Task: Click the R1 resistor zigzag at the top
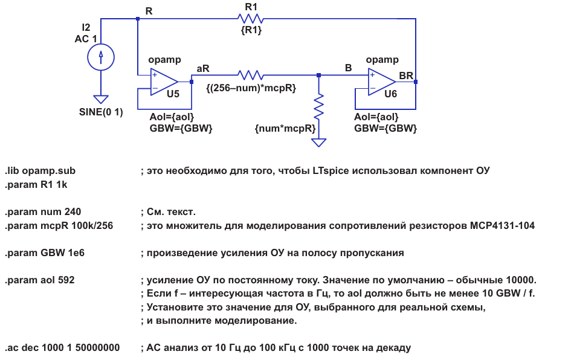(x=251, y=19)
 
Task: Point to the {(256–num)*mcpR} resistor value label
(x=251, y=88)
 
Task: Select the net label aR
(x=203, y=68)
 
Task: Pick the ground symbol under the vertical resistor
(x=318, y=143)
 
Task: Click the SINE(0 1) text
(x=101, y=112)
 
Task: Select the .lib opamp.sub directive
(x=40, y=171)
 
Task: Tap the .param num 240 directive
(x=43, y=212)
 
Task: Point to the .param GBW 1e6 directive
(x=45, y=253)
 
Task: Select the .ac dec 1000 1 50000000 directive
(x=62, y=347)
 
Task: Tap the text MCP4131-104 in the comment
(x=502, y=225)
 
